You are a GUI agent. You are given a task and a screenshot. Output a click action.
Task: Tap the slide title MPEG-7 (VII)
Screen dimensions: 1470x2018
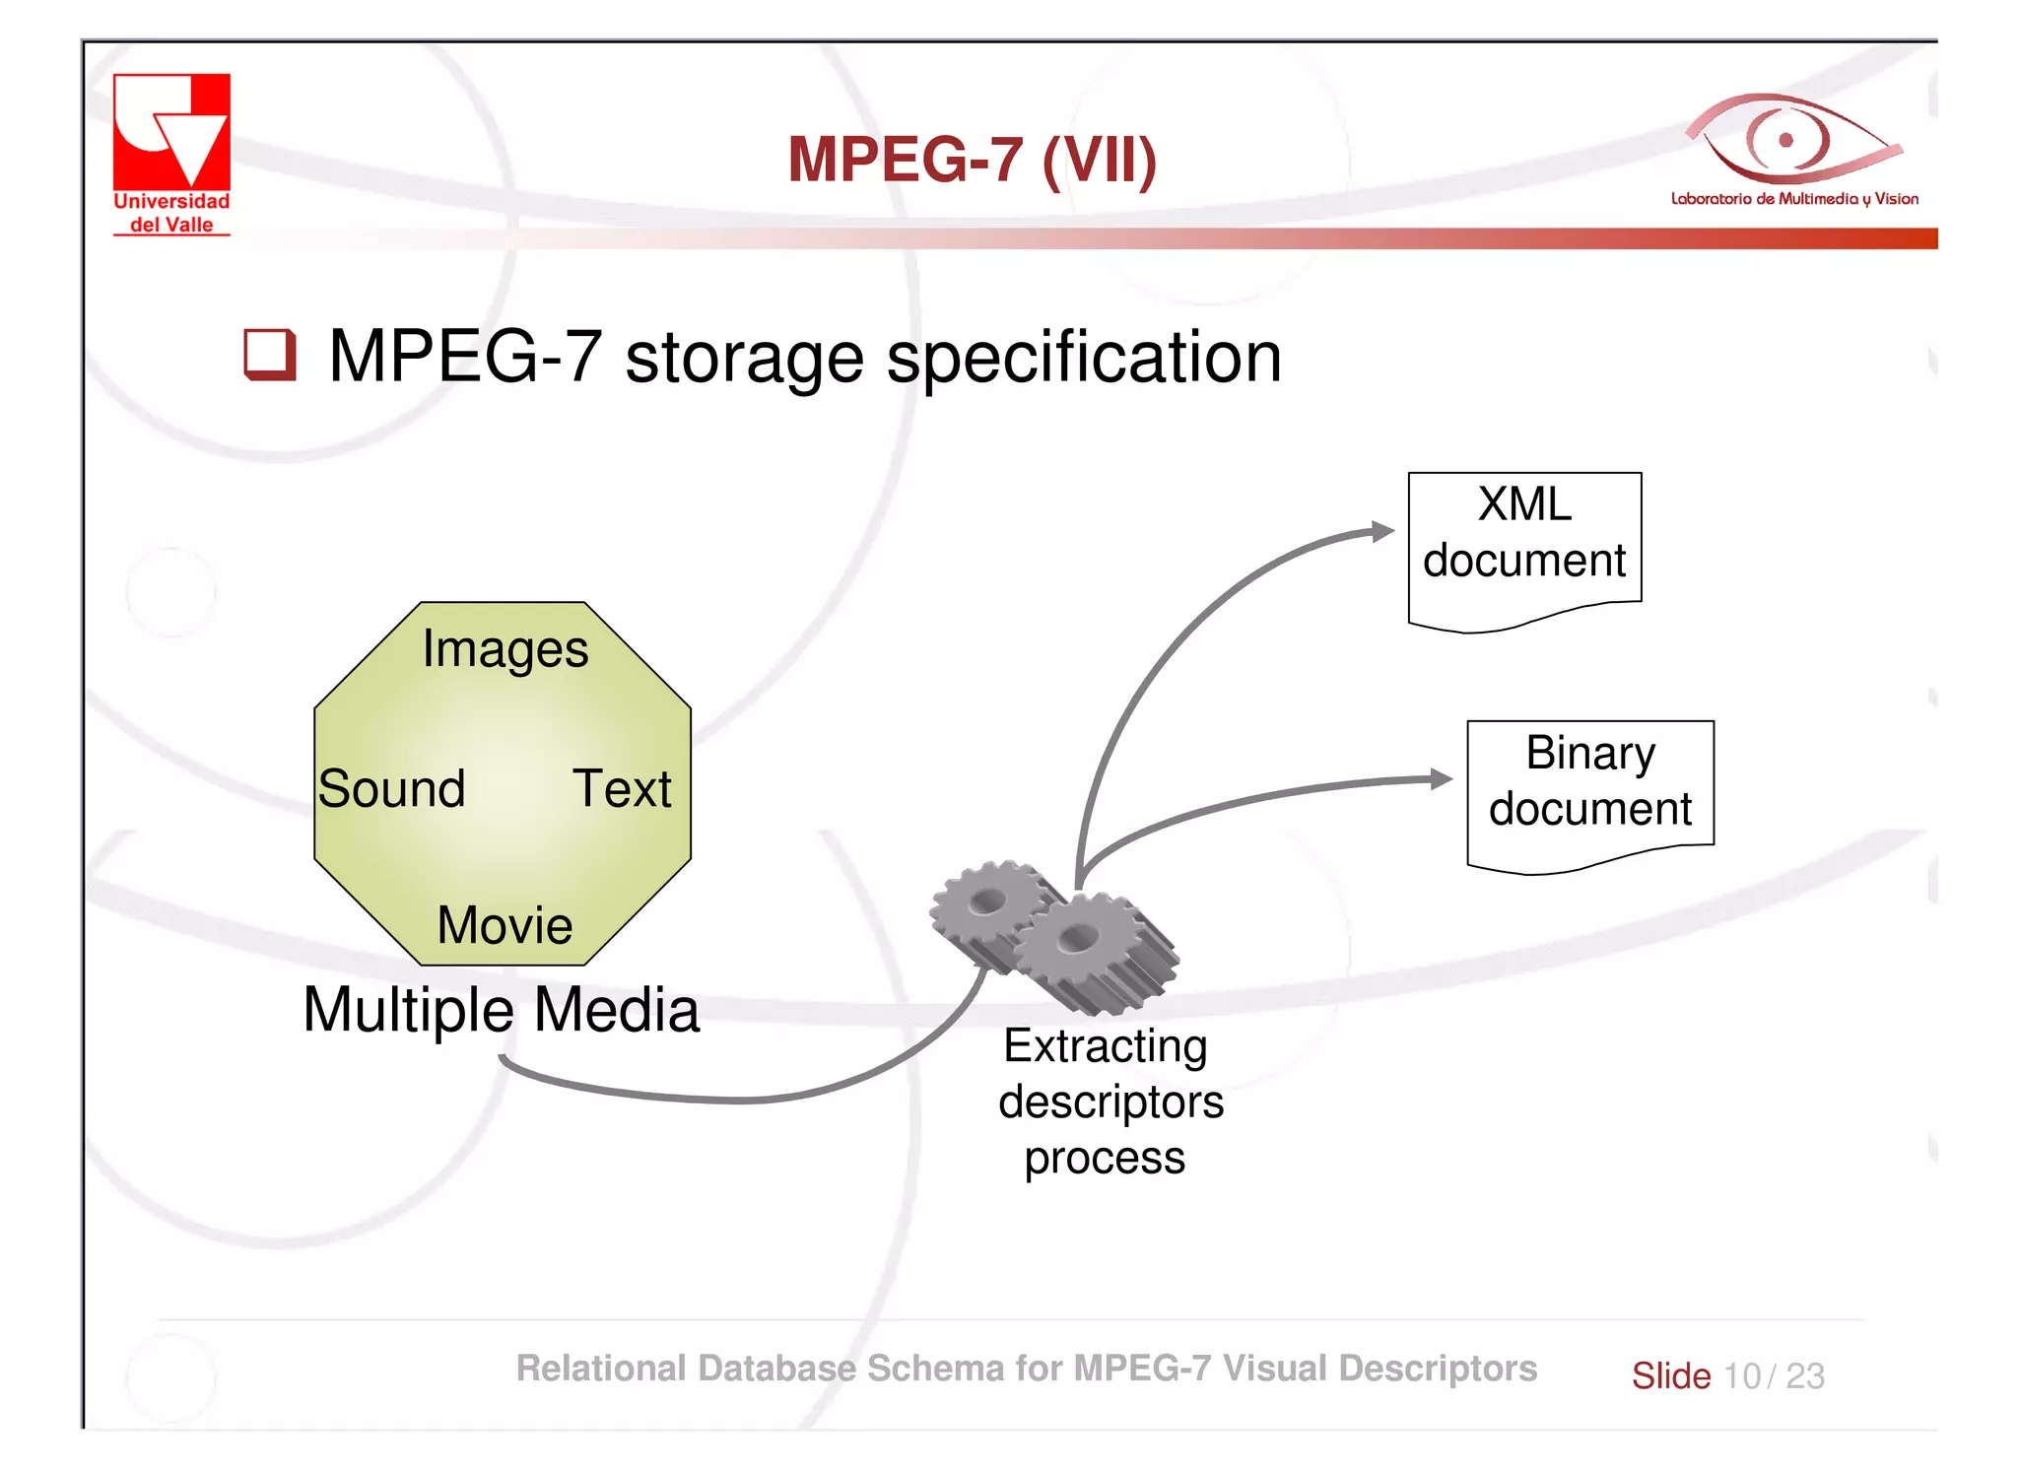[x=972, y=160]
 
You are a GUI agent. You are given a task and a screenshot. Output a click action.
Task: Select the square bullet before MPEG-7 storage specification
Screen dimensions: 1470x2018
[x=269, y=355]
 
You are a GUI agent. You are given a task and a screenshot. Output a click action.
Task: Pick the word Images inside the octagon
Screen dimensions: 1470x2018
[x=504, y=649]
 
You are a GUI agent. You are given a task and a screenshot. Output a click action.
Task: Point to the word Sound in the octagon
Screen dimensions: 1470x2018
[x=391, y=789]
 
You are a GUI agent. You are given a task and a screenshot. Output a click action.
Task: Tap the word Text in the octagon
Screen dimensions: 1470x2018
[x=622, y=789]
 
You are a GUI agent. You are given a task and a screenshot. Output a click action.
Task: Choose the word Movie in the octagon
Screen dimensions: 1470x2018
[x=504, y=925]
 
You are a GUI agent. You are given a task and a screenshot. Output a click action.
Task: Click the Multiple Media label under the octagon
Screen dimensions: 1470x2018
[x=501, y=1011]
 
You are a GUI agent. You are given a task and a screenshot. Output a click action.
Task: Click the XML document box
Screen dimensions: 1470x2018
[x=1524, y=547]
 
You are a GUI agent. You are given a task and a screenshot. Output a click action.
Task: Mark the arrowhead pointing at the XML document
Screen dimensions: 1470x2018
[x=1383, y=532]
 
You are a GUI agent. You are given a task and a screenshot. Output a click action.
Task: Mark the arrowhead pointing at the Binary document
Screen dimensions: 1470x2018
[x=1442, y=779]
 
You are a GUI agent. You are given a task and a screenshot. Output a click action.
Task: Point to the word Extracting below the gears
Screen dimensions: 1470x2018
[x=1105, y=1047]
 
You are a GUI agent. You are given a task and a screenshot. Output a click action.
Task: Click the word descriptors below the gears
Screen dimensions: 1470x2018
[x=1110, y=1102]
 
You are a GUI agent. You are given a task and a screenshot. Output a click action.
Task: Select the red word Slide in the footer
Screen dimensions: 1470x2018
[x=1670, y=1376]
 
